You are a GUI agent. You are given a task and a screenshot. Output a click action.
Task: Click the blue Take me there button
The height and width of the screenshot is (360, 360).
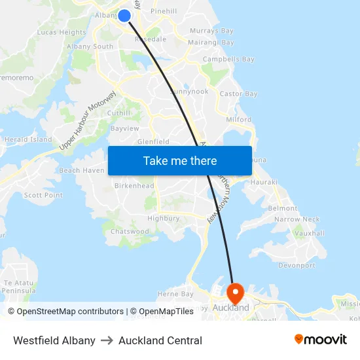179,161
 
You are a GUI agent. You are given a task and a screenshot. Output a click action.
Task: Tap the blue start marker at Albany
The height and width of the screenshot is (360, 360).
124,14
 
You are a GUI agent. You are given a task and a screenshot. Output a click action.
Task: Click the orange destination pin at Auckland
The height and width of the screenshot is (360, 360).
234,291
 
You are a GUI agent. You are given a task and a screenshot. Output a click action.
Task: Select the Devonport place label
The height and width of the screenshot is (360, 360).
297,266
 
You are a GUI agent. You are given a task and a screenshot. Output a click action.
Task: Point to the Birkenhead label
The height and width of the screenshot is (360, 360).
134,186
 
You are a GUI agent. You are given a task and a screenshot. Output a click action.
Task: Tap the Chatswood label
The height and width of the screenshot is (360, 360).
130,232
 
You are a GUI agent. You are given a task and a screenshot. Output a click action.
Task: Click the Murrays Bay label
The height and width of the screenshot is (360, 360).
211,31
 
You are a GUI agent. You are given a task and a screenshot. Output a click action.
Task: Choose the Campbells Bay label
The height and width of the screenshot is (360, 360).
228,60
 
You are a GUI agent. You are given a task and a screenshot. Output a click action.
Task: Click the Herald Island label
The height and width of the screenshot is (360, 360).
28,139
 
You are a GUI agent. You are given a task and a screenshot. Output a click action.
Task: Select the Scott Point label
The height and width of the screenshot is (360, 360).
43,195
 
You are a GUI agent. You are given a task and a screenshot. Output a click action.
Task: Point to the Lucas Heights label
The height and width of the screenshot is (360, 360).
62,32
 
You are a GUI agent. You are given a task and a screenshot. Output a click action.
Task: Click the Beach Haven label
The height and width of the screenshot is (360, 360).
81,170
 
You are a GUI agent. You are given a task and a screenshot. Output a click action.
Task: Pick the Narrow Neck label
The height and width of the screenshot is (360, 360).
297,220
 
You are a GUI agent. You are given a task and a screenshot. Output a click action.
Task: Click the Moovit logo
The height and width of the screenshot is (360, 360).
320,340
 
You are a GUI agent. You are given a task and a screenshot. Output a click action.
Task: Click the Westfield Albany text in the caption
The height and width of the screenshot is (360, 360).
54,340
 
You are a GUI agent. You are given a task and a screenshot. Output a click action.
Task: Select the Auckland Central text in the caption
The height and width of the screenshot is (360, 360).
160,340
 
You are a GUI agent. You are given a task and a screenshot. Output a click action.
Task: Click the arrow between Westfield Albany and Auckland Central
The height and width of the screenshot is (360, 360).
107,340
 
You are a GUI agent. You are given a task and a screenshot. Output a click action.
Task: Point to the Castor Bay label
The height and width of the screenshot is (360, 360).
238,94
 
